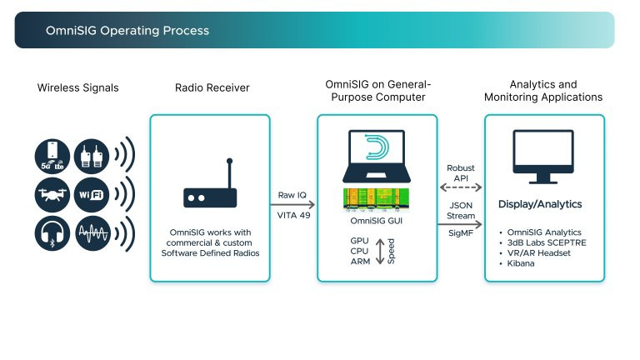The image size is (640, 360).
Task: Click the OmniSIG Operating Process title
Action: pyautogui.click(x=127, y=31)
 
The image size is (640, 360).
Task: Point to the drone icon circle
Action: pyautogui.click(x=52, y=193)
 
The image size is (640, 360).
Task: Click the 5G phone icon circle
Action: pyautogui.click(x=52, y=155)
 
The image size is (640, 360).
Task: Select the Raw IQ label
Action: pyautogui.click(x=293, y=193)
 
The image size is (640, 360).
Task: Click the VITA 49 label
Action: pyautogui.click(x=293, y=214)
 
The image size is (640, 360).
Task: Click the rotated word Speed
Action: pyautogui.click(x=391, y=251)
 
